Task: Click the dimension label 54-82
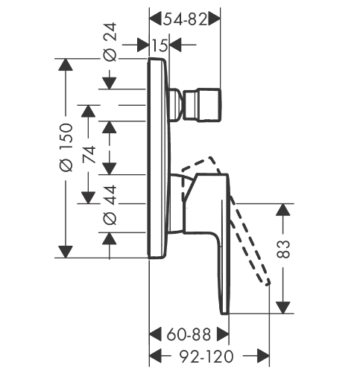click(x=185, y=19)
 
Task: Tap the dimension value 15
click(x=160, y=45)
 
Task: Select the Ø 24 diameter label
click(x=110, y=42)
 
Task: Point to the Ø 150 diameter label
click(x=66, y=147)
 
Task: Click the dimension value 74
click(x=89, y=155)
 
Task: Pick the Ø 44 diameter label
click(x=110, y=205)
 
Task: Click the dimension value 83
click(x=283, y=249)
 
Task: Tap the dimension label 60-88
click(x=189, y=334)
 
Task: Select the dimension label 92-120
click(x=206, y=357)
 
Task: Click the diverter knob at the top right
click(x=202, y=105)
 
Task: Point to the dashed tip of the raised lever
click(x=267, y=282)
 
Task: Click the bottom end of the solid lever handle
click(x=225, y=313)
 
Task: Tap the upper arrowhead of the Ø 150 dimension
click(x=66, y=65)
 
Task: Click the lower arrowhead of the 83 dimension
click(x=283, y=308)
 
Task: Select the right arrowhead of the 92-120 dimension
click(x=263, y=356)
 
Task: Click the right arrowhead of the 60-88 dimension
click(x=223, y=334)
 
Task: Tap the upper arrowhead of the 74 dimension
click(x=89, y=111)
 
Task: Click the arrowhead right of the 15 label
click(x=175, y=45)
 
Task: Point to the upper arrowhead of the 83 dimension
click(x=283, y=209)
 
